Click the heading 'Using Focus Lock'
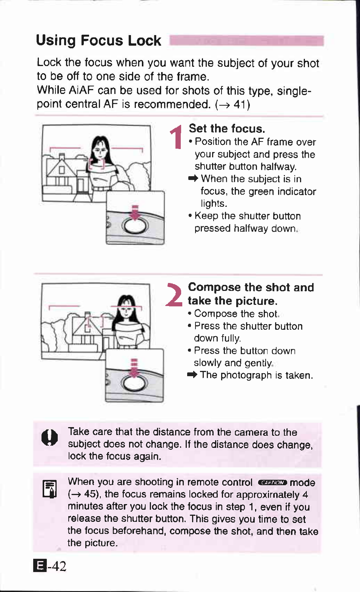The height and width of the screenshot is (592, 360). [x=98, y=40]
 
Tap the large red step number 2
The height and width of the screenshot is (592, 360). [x=174, y=295]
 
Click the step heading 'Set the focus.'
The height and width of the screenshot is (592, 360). [x=227, y=129]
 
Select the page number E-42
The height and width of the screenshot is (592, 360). [x=50, y=566]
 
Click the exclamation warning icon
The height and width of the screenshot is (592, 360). [x=49, y=438]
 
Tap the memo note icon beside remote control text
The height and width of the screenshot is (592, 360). [x=49, y=489]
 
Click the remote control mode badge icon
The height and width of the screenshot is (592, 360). [x=272, y=483]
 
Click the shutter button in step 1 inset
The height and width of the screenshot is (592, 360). [x=135, y=226]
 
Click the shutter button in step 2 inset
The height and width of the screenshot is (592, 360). [x=134, y=384]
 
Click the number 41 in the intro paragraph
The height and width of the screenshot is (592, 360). [x=239, y=105]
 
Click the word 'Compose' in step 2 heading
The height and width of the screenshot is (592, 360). [x=214, y=287]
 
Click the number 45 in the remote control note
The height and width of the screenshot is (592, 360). [x=90, y=494]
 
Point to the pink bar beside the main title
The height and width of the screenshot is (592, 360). [x=246, y=41]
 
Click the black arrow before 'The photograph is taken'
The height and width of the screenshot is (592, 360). [x=192, y=375]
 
